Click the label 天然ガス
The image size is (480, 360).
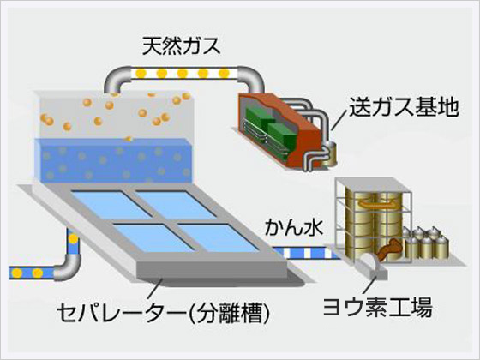click(181, 46)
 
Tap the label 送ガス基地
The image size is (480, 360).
click(404, 107)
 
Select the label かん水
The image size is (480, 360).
click(294, 227)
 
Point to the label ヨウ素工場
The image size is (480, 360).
click(377, 307)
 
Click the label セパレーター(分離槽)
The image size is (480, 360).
click(163, 313)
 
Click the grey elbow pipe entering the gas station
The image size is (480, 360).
click(251, 79)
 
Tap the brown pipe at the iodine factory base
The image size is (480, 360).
click(388, 249)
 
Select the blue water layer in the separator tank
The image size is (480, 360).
click(113, 160)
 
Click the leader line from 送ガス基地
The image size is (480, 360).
click(339, 120)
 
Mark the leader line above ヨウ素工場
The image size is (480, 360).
click(369, 285)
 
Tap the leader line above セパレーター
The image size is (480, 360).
click(154, 289)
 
